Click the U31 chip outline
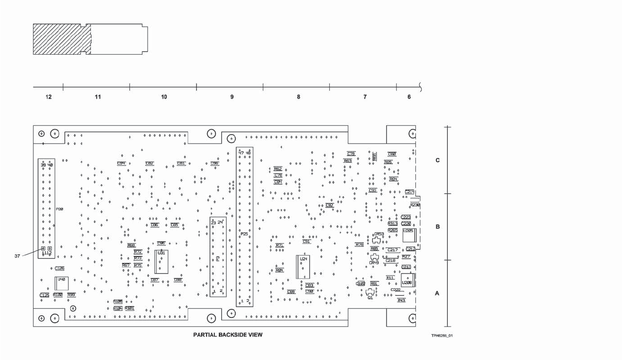tap(161, 261)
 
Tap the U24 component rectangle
tap(303, 267)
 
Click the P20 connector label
tap(59, 209)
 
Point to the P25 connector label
tap(244, 233)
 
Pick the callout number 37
tap(17, 256)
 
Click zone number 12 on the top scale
tap(49, 97)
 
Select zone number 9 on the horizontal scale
tap(231, 97)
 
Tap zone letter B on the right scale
tap(438, 227)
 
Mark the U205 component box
tap(409, 236)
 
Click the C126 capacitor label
tap(59, 268)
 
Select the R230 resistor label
tap(415, 205)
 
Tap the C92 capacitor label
tap(330, 205)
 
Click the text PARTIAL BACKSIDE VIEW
tap(228, 335)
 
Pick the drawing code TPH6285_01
tap(442, 336)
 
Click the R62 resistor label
tap(278, 169)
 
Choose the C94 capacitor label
tap(121, 163)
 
